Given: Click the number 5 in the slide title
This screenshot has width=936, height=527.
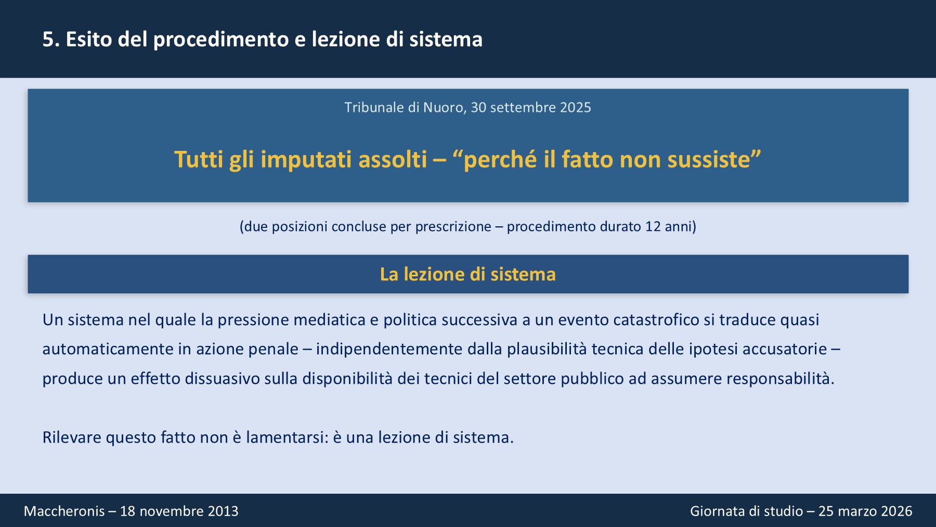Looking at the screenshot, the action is [48, 40].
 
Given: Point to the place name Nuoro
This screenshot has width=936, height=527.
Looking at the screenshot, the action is [445, 108].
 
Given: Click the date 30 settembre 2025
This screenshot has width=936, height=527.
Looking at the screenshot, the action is [531, 108].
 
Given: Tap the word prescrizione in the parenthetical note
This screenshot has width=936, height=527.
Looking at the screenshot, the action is [453, 227].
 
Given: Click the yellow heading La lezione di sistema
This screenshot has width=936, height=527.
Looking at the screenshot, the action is [468, 274].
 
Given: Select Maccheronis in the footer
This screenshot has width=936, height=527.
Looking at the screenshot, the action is [64, 511].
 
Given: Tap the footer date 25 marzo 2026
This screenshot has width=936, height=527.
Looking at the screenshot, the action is [865, 511].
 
